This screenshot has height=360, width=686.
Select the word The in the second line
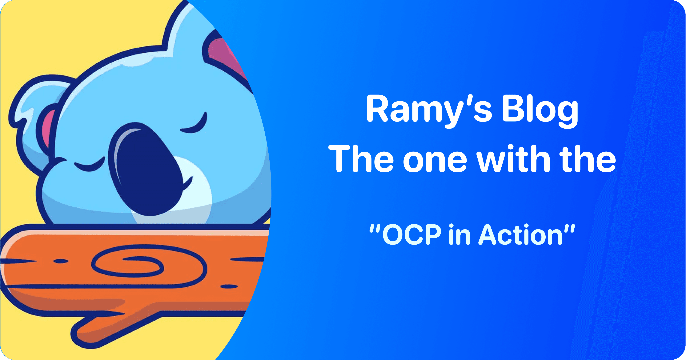[x=361, y=159]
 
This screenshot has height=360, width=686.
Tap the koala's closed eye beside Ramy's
[x=194, y=125]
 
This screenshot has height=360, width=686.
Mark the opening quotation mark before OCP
[x=375, y=228]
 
